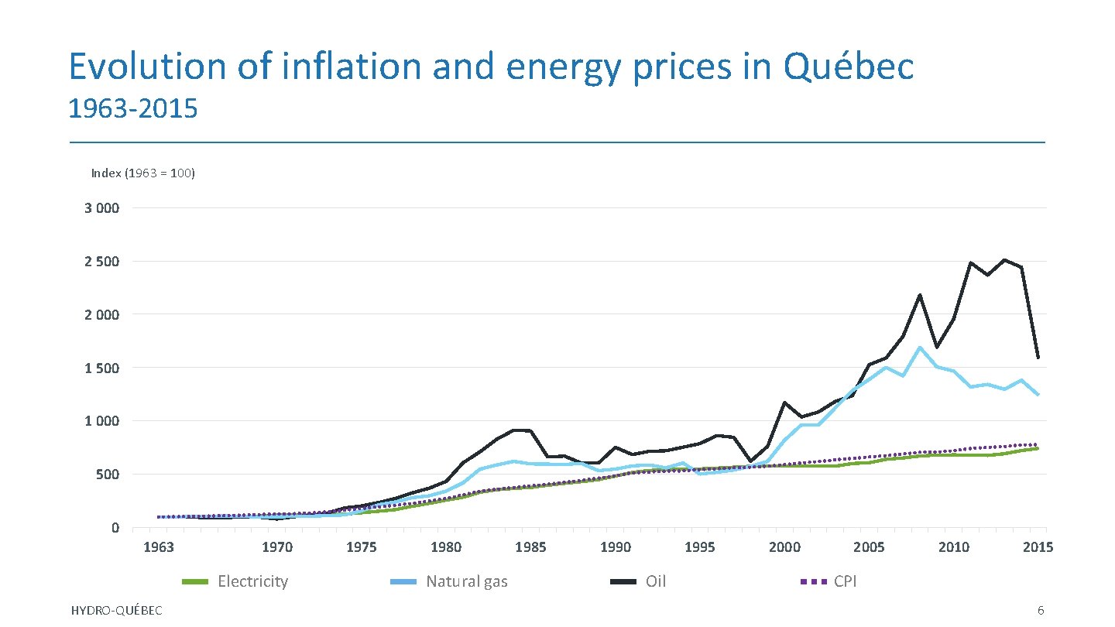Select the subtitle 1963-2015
(132, 109)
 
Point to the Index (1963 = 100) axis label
(143, 173)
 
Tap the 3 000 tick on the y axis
(102, 208)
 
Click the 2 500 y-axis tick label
(102, 262)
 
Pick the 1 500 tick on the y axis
(102, 368)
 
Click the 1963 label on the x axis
(159, 547)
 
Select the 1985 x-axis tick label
(530, 547)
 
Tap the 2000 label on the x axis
(784, 547)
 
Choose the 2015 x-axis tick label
(1038, 547)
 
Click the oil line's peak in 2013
(1004, 260)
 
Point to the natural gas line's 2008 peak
(920, 348)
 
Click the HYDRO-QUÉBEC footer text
(116, 612)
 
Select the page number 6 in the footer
(1041, 612)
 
